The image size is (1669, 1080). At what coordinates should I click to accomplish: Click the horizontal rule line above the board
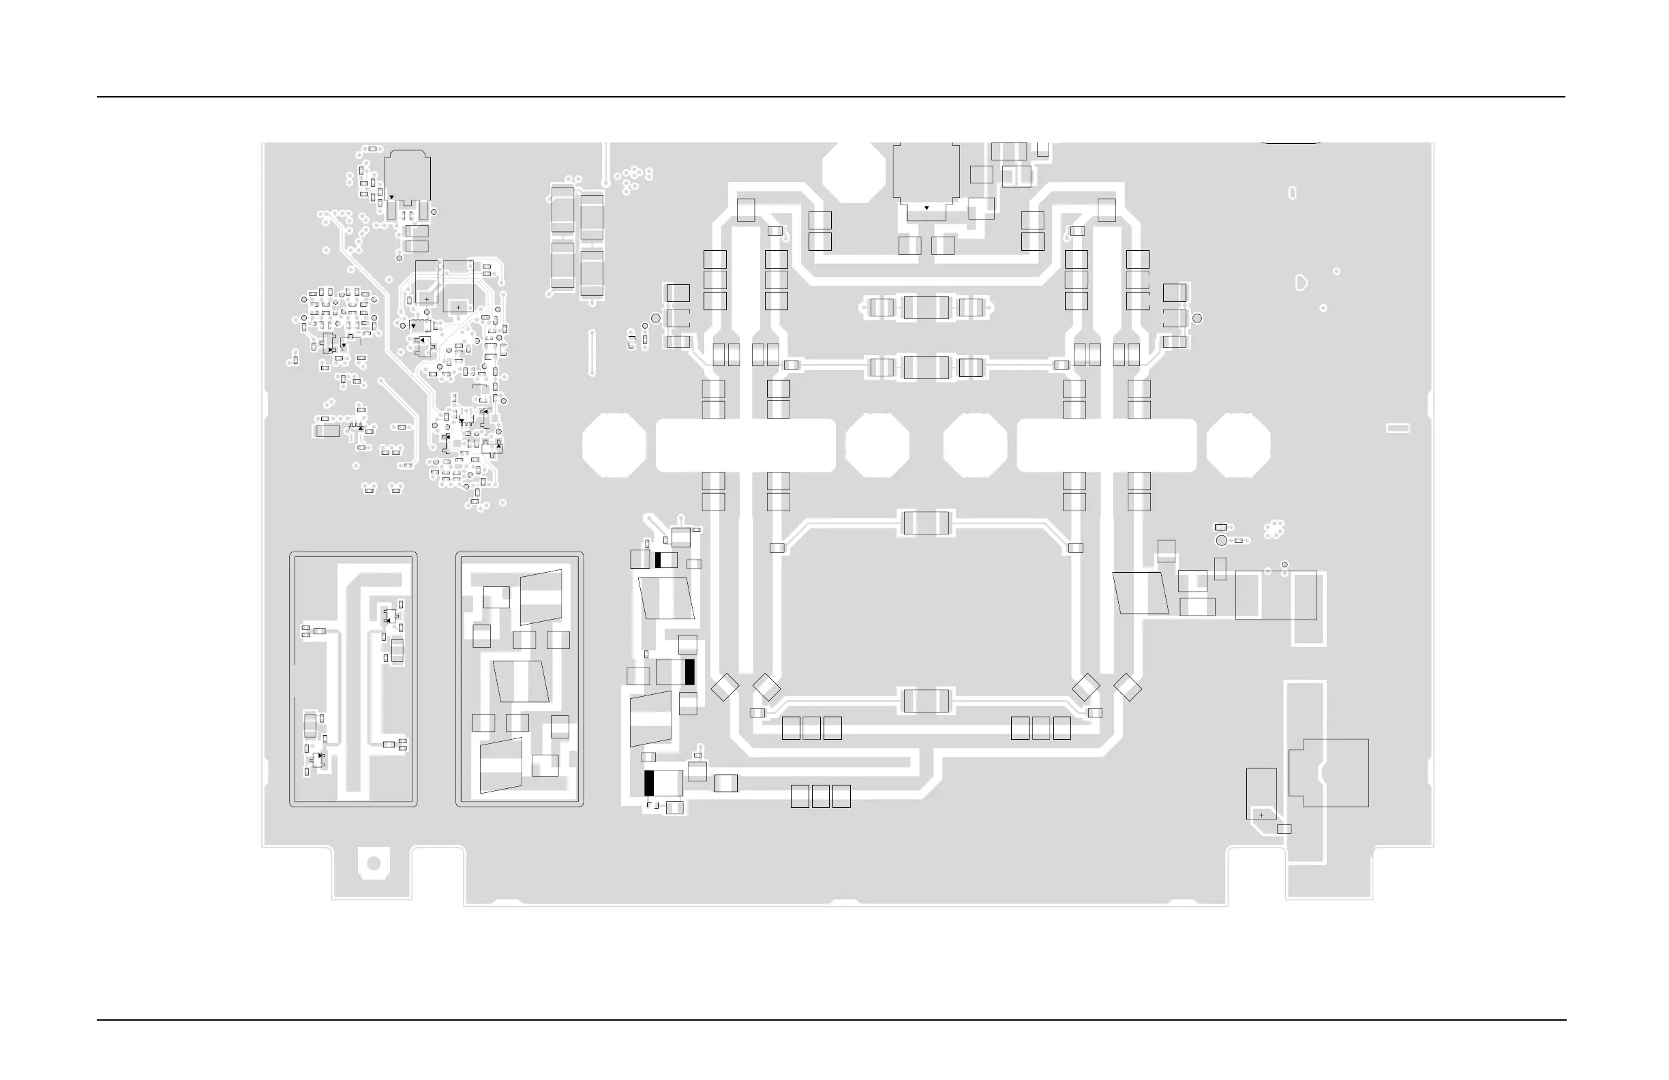tap(830, 97)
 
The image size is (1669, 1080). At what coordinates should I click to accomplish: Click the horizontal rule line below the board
tap(830, 1021)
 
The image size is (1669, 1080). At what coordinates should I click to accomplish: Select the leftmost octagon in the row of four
tap(614, 445)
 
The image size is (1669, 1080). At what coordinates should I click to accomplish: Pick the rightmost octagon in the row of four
tap(1237, 445)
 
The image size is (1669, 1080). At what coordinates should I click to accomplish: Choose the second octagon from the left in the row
tap(877, 445)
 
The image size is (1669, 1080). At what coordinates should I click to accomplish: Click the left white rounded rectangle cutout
tap(745, 445)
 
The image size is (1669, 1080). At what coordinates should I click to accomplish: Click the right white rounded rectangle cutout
tap(1107, 445)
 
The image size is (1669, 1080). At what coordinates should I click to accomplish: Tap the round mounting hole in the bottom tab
tap(374, 863)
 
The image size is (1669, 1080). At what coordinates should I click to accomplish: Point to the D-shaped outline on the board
tap(1301, 283)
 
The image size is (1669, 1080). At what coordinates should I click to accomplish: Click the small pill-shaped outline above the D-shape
tap(1293, 193)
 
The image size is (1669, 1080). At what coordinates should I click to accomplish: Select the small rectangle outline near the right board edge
tap(1398, 427)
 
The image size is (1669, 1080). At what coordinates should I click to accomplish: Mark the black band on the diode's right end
tap(689, 672)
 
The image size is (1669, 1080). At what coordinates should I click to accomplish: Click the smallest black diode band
tap(659, 560)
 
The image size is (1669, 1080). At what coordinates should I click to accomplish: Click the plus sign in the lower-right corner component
tap(1261, 815)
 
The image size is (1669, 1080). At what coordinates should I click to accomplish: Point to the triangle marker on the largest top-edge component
tap(927, 208)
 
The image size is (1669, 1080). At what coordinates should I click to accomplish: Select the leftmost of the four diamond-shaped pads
tap(725, 687)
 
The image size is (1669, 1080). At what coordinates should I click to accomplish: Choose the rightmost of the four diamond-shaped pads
tap(1127, 687)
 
